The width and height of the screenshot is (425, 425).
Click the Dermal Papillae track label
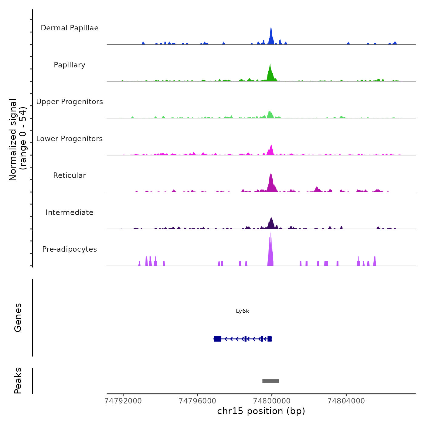click(x=70, y=28)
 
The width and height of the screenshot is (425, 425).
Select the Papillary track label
click(x=70, y=65)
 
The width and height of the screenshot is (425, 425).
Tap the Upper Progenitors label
click(x=70, y=102)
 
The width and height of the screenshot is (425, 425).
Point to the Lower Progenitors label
click(x=70, y=139)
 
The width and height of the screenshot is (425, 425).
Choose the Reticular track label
click(x=70, y=175)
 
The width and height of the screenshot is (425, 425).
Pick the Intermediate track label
click(x=70, y=212)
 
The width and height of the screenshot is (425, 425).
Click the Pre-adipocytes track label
click(x=70, y=249)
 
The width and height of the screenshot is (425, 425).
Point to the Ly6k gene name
click(x=243, y=311)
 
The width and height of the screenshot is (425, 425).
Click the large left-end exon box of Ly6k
click(x=217, y=339)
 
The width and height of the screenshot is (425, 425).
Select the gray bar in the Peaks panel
click(x=271, y=381)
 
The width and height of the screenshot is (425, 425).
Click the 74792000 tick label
click(x=123, y=401)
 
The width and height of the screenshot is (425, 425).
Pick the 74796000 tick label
click(x=197, y=401)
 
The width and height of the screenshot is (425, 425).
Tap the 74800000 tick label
click(x=272, y=401)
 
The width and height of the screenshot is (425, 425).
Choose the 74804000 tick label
click(x=346, y=401)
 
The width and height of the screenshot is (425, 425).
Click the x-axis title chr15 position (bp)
click(x=261, y=411)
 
